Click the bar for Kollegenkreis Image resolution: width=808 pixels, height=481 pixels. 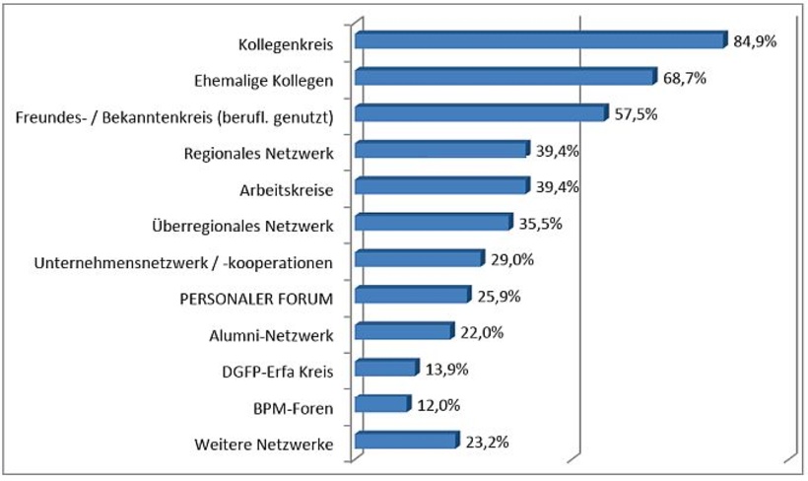540,40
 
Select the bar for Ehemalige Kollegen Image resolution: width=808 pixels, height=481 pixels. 505,77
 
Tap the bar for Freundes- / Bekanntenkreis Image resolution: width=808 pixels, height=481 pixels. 480,113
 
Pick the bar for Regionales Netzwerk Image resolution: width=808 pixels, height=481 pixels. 440,150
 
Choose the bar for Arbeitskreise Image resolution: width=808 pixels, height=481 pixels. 440,186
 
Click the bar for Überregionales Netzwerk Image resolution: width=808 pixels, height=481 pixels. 433,223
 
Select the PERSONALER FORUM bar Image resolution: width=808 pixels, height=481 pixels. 412,296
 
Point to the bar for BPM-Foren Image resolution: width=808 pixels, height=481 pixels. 381,404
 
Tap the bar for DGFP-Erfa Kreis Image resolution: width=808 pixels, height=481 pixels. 385,369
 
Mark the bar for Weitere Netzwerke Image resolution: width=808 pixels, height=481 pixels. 406,441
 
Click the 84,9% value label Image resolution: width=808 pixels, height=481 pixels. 756,41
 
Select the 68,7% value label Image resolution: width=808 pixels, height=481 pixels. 685,78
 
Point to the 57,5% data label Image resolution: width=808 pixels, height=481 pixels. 636,114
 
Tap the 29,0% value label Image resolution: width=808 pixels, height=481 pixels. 512,259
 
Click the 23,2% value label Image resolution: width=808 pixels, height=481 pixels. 487,442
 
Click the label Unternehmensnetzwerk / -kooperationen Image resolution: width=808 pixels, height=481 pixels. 183,263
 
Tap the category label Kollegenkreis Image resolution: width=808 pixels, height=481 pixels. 287,44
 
